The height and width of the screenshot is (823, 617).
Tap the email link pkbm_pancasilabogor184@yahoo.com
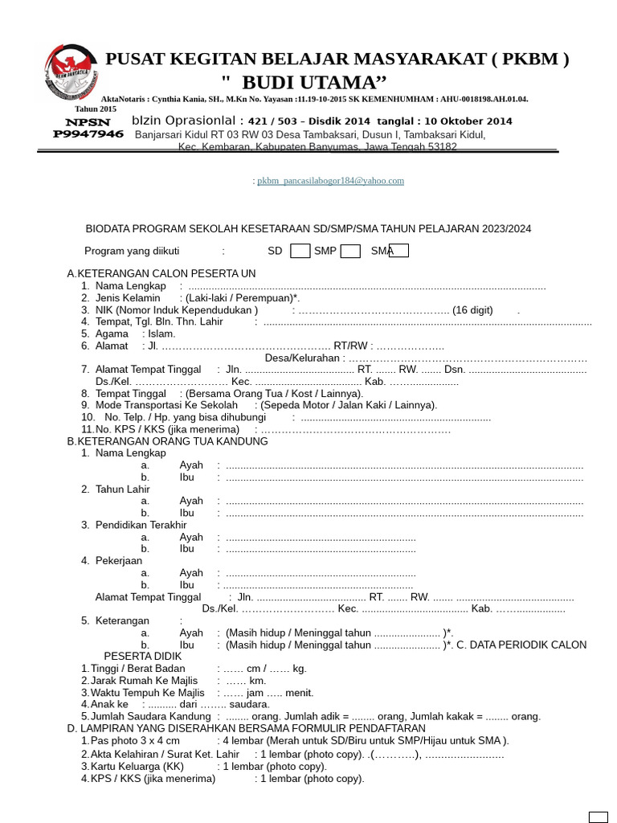(x=330, y=181)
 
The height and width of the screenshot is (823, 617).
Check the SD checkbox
(x=300, y=251)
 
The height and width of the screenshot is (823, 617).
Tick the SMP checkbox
(x=350, y=251)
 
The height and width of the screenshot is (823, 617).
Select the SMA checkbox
(x=399, y=251)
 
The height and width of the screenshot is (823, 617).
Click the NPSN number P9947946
(x=88, y=134)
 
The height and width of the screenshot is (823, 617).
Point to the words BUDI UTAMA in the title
(x=314, y=82)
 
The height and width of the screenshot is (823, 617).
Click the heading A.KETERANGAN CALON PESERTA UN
(x=161, y=273)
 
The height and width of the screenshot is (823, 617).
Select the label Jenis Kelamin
(x=128, y=297)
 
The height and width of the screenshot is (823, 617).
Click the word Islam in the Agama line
(x=161, y=334)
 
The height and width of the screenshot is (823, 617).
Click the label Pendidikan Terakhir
(x=141, y=525)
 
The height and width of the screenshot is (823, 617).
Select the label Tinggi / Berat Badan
(x=137, y=669)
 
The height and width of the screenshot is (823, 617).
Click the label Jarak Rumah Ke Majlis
(x=144, y=681)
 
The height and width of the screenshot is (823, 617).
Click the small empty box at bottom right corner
(x=599, y=817)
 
